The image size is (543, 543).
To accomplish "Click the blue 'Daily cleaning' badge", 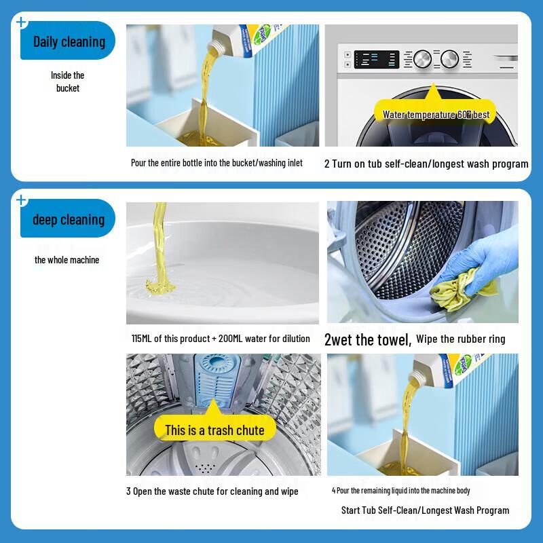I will (x=69, y=41).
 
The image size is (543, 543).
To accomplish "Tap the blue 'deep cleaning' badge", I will (x=69, y=219).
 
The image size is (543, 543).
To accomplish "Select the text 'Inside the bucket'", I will (x=68, y=81).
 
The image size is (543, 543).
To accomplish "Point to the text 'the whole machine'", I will (x=67, y=260).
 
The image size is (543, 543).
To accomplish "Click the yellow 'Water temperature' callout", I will (x=435, y=114).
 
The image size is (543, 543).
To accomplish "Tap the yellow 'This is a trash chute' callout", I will (x=214, y=430).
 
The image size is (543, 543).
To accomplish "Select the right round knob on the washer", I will (x=449, y=59).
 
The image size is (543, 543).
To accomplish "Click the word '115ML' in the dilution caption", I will (x=145, y=338).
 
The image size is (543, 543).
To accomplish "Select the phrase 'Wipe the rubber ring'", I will (x=460, y=339).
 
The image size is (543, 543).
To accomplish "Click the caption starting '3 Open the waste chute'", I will (x=212, y=491).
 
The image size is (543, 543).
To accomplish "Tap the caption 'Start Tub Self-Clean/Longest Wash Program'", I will (x=425, y=510).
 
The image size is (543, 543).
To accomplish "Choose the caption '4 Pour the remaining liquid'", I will (x=400, y=491).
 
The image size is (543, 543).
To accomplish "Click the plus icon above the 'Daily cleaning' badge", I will (x=21, y=22).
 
